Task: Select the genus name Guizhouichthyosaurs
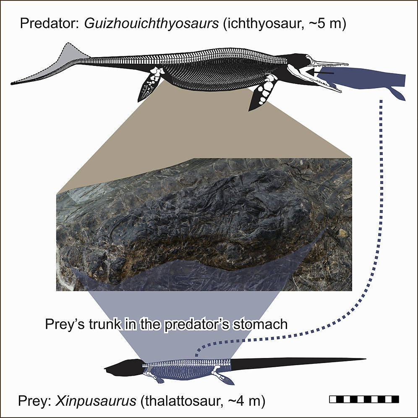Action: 152,24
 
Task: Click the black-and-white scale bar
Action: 364,399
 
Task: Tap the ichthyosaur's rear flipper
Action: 149,86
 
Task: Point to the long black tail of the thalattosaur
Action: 294,362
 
